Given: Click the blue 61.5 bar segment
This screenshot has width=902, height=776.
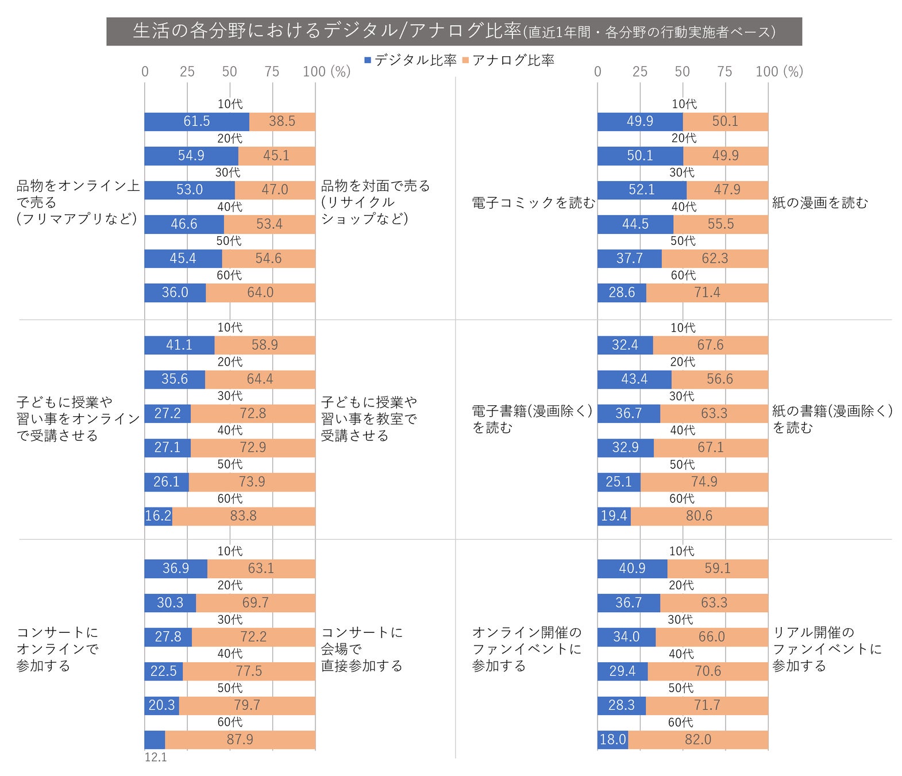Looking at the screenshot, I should pyautogui.click(x=196, y=121).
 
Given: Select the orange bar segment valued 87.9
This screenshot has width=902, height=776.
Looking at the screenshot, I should pyautogui.click(x=240, y=740).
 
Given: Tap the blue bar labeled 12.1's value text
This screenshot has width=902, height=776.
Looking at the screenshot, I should pyautogui.click(x=156, y=757).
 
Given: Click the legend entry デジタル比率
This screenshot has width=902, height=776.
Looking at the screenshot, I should pyautogui.click(x=410, y=60).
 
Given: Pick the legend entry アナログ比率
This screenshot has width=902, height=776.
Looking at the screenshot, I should pyautogui.click(x=508, y=60).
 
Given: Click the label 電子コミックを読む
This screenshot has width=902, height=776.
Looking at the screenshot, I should pyautogui.click(x=533, y=203).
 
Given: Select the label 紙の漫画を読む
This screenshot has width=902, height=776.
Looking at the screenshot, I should pyautogui.click(x=820, y=203).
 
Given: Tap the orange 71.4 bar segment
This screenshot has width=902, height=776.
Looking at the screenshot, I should pyautogui.click(x=707, y=293).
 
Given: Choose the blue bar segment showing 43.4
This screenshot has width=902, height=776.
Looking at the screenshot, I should pyautogui.click(x=634, y=379).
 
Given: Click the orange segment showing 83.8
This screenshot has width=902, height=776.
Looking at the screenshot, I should pyautogui.click(x=244, y=516).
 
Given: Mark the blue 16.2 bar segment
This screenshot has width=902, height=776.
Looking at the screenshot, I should pyautogui.click(x=158, y=516).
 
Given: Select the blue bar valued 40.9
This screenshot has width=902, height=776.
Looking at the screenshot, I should pyautogui.click(x=632, y=568).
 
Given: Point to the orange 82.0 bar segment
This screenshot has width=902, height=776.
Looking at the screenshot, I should pyautogui.click(x=698, y=740).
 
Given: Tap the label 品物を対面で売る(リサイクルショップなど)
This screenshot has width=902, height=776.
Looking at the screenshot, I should pyautogui.click(x=375, y=202).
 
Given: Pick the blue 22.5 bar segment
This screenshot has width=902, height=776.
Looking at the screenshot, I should pyautogui.click(x=163, y=671).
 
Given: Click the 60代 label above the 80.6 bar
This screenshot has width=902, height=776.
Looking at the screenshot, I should pyautogui.click(x=681, y=499).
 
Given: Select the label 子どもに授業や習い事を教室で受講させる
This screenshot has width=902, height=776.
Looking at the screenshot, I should pyautogui.click(x=369, y=419).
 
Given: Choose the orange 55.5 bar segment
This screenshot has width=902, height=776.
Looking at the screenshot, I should pyautogui.click(x=720, y=224).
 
